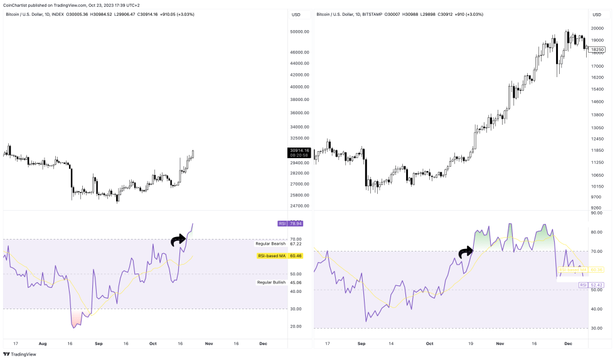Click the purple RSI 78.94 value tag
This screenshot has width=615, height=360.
click(291, 223)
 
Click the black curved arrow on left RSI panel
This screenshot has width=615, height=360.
click(179, 238)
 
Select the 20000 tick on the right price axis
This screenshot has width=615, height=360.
click(597, 28)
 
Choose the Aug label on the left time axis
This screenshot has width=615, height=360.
click(43, 344)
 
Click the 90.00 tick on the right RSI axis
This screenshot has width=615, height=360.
click(597, 213)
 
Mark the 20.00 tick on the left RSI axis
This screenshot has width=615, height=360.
click(296, 326)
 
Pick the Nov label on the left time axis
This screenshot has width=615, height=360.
click(210, 344)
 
